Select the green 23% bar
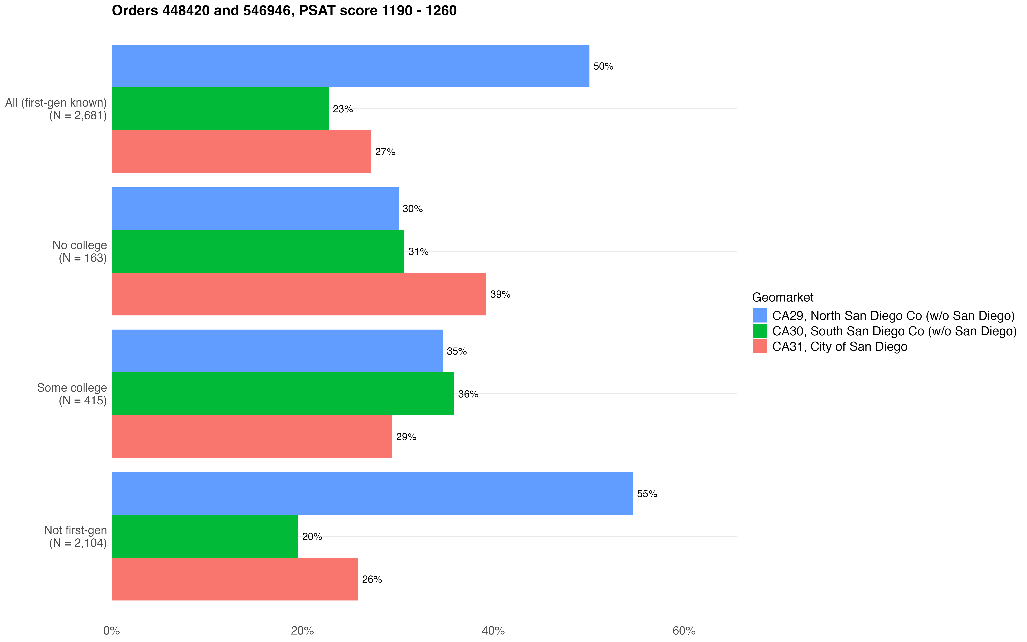220,109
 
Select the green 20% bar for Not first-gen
205,536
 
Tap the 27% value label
385,152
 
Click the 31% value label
418,252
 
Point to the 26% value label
372,580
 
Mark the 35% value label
457,352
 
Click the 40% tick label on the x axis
493,631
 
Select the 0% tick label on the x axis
112,631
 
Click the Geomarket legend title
783,297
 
